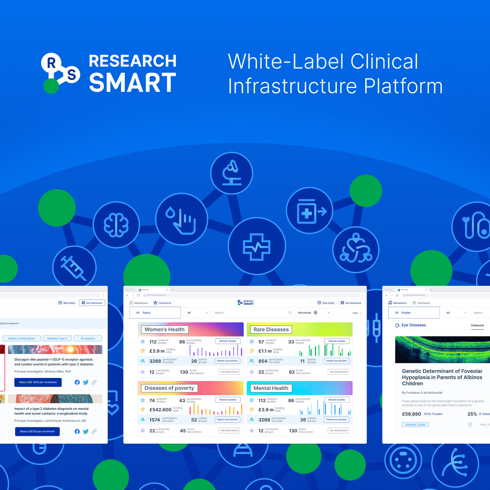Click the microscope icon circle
pyautogui.click(x=232, y=173)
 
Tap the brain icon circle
pyautogui.click(x=117, y=225)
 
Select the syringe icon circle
pyautogui.click(x=74, y=267)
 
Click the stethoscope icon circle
pyautogui.click(x=356, y=249)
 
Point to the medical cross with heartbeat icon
pyautogui.click(x=257, y=246)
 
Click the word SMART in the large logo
pyautogui.click(x=133, y=83)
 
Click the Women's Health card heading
pyautogui.click(x=164, y=330)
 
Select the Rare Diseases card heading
pyautogui.click(x=271, y=330)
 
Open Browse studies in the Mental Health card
pyautogui.click(x=337, y=400)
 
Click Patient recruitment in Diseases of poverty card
pyautogui.click(x=227, y=419)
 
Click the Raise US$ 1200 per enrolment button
pyautogui.click(x=38, y=382)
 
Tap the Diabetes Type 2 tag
pyautogui.click(x=57, y=338)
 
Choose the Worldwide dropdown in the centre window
pyautogui.click(x=314, y=313)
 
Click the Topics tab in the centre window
pyautogui.click(x=155, y=313)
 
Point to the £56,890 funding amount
pyautogui.click(x=412, y=414)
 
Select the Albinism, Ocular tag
pyautogui.click(x=415, y=425)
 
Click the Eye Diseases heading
pyautogui.click(x=414, y=325)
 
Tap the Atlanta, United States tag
pyautogui.click(x=22, y=338)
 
